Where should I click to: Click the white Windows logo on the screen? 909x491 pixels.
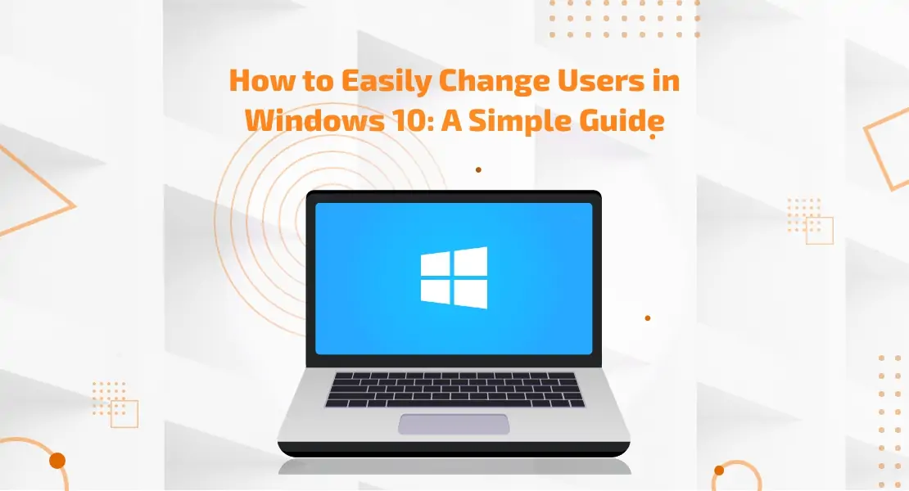(454, 278)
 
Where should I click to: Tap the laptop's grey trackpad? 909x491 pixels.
(454, 424)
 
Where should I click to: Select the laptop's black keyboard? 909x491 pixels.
(454, 390)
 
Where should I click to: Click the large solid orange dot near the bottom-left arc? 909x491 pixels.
(57, 461)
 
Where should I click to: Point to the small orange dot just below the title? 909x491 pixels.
(478, 169)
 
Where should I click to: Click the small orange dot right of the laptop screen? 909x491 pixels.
(648, 318)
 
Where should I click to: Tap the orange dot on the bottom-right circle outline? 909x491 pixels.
(719, 471)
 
